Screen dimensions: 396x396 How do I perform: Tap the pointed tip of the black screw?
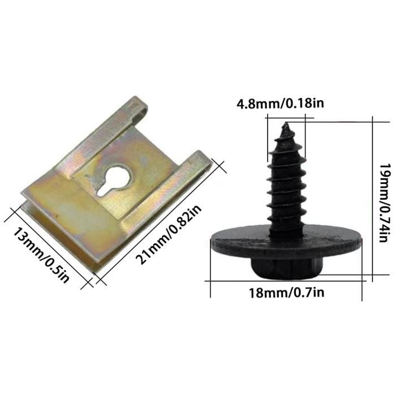(286, 126)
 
